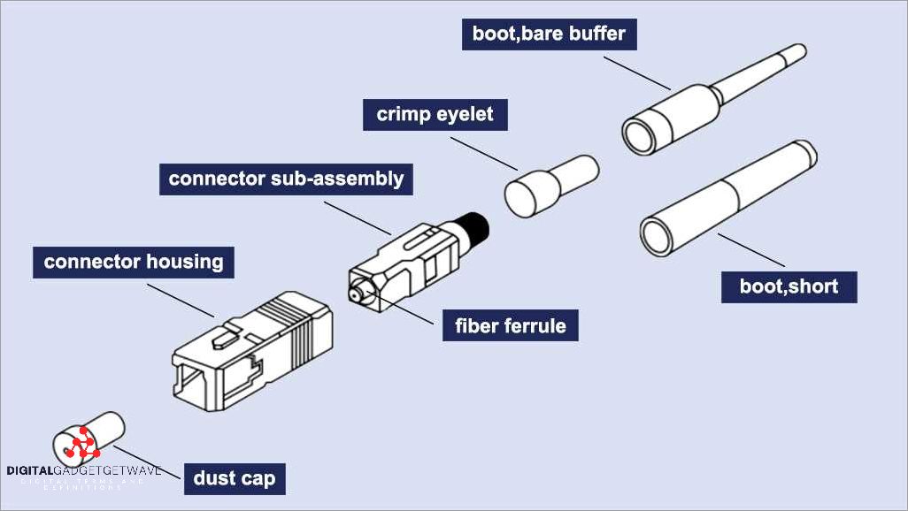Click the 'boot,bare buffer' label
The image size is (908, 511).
(549, 34)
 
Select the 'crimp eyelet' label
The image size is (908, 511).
(435, 114)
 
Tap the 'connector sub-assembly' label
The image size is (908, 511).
(286, 179)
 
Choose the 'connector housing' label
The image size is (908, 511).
(134, 263)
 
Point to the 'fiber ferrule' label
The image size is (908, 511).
(511, 325)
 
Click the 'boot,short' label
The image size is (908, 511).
(789, 286)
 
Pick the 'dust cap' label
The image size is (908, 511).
(234, 478)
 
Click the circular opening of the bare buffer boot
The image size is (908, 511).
(640, 134)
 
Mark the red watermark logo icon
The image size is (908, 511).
(82, 443)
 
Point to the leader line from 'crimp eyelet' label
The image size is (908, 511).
(487, 150)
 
